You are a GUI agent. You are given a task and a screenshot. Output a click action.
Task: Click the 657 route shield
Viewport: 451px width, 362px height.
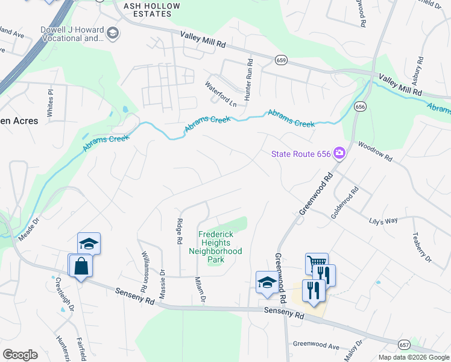pyautogui.click(x=404, y=343)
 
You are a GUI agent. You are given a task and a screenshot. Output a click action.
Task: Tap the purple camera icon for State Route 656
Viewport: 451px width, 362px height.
pyautogui.click(x=339, y=154)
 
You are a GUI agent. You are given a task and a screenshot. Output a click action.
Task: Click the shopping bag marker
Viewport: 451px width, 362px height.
pyautogui.click(x=81, y=265)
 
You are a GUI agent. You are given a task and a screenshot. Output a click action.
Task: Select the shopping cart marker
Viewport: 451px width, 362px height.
pyautogui.click(x=317, y=264)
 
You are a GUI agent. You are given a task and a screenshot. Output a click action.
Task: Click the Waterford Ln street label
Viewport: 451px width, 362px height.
pyautogui.click(x=220, y=94)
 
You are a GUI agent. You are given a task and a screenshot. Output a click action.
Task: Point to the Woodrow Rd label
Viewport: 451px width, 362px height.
pyautogui.click(x=375, y=151)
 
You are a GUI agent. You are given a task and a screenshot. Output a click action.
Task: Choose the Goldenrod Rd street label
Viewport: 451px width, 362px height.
pyautogui.click(x=345, y=202)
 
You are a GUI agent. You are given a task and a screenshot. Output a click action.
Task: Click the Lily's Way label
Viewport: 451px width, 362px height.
pyautogui.click(x=383, y=220)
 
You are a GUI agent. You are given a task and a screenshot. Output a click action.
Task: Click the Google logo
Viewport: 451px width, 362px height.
pyautogui.click(x=20, y=355)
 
